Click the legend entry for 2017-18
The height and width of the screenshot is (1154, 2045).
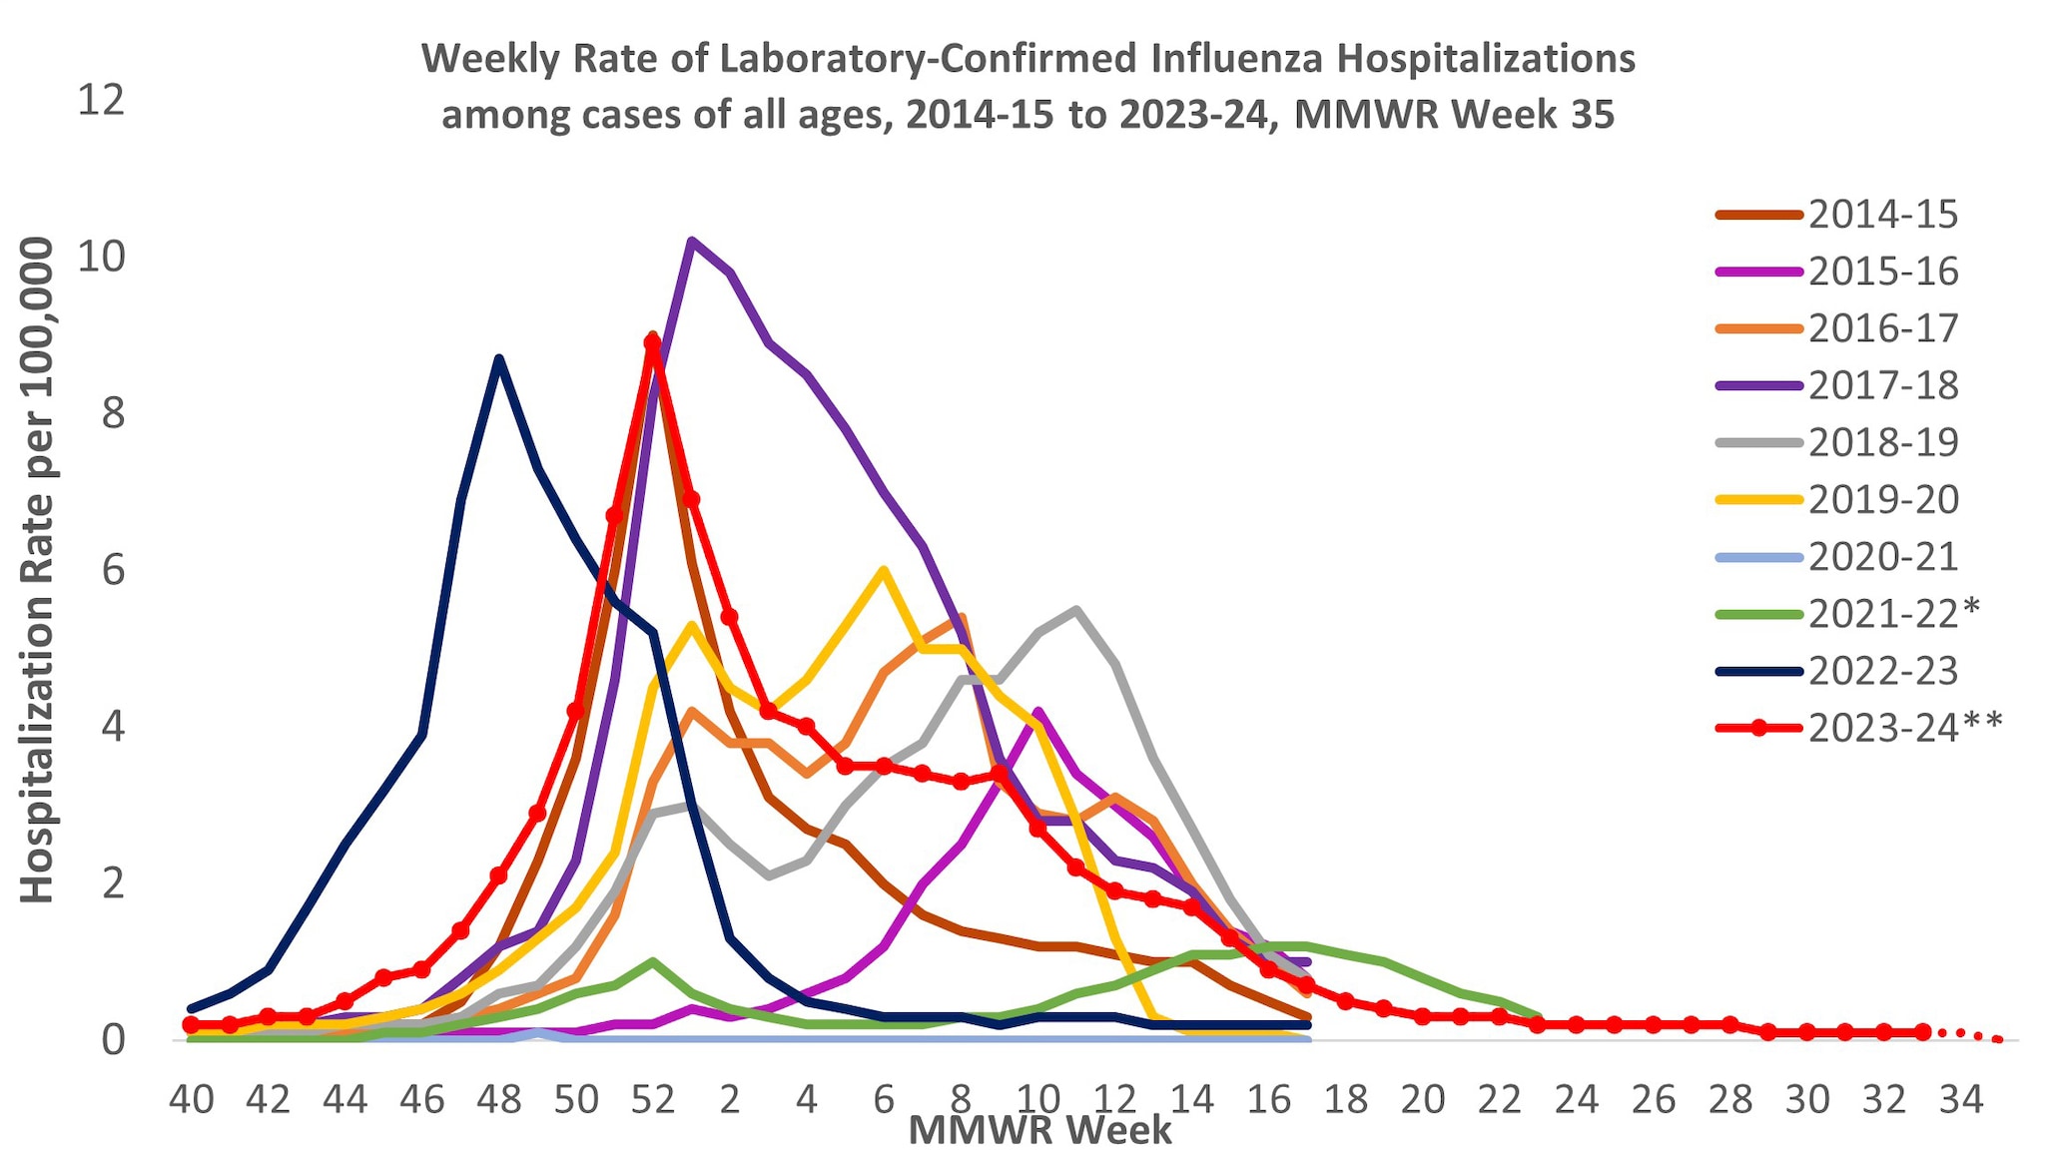[x=1882, y=385]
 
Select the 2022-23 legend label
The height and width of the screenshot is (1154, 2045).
[x=1882, y=671]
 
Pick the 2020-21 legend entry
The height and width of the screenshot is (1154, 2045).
[x=1882, y=556]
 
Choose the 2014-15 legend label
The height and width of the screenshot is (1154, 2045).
[x=1882, y=215]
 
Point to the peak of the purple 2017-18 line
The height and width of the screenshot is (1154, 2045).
[x=691, y=241]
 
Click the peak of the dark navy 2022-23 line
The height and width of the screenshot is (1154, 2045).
[x=499, y=358]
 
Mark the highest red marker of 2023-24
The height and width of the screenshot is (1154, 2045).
[x=652, y=342]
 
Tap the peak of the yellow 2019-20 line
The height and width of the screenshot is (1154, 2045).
[x=884, y=570]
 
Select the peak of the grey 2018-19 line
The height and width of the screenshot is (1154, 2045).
[x=1075, y=609]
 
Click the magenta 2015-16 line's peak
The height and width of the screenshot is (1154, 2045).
[x=1038, y=711]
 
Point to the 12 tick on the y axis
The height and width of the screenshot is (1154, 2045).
[x=101, y=100]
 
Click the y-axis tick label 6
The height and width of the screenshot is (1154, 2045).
[x=113, y=570]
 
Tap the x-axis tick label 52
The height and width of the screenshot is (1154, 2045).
[x=652, y=1100]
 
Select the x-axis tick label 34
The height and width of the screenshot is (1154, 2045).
[x=1961, y=1100]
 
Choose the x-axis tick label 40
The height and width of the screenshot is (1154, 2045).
[x=191, y=1100]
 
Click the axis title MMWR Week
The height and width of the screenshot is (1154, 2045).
[x=1038, y=1131]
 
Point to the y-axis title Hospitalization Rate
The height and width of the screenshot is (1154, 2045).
[x=38, y=570]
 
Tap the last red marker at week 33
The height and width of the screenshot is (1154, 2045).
[x=1922, y=1031]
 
